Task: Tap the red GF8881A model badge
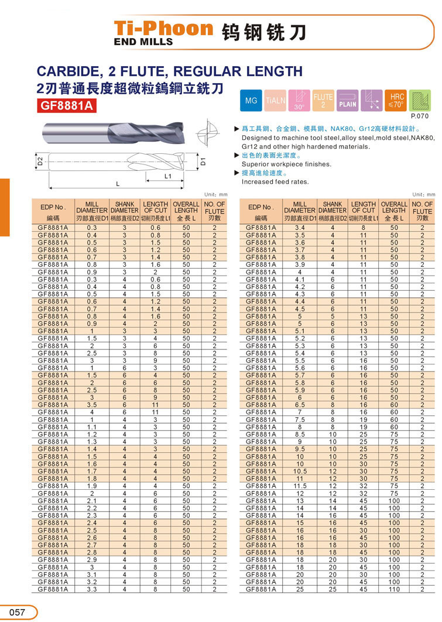[x=66, y=106]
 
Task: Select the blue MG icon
[x=251, y=101]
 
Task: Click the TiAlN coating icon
[x=276, y=101]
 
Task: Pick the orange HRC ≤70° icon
[x=396, y=101]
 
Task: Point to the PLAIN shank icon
[x=348, y=101]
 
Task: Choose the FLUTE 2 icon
[x=323, y=101]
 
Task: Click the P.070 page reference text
[x=420, y=116]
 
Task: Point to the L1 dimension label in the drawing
[x=167, y=176]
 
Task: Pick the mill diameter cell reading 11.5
[x=300, y=486]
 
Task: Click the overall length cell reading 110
[x=394, y=589]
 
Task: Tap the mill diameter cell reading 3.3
[x=92, y=589]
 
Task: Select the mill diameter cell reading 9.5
[x=300, y=449]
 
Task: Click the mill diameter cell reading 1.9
[x=92, y=486]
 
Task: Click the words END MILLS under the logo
[x=143, y=42]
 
